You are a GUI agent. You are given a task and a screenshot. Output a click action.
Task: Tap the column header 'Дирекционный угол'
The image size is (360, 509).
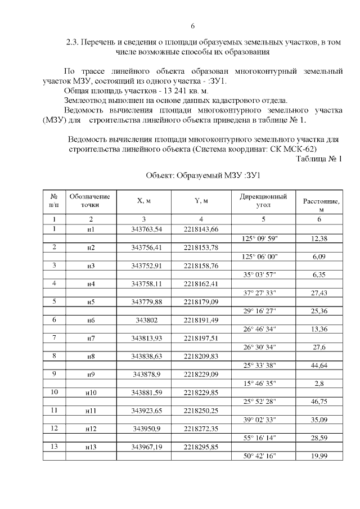click(263, 201)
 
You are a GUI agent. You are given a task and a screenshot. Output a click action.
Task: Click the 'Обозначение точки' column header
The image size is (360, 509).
click(89, 200)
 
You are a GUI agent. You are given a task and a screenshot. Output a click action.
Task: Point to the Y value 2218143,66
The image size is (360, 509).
click(201, 229)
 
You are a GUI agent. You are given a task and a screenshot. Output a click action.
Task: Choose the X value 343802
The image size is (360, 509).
click(146, 319)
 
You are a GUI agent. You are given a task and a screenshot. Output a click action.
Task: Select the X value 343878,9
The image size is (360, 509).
click(146, 374)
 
